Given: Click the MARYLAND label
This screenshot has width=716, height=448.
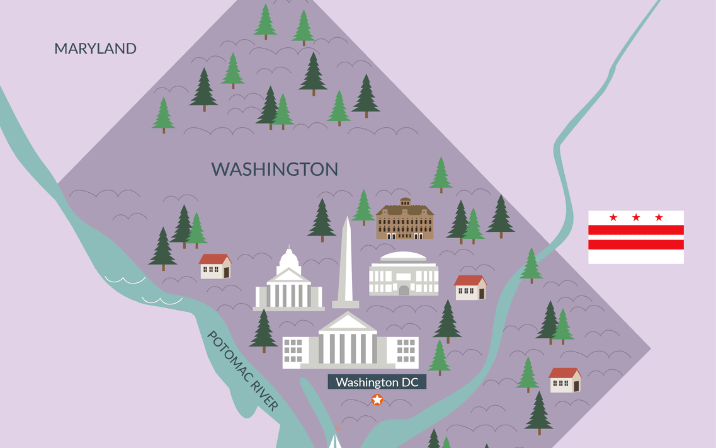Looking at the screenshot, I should [x=95, y=49].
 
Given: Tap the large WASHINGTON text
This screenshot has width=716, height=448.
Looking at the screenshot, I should [x=275, y=169].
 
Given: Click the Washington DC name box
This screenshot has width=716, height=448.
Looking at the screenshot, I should [x=377, y=382].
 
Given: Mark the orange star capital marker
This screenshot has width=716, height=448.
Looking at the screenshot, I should [x=377, y=399].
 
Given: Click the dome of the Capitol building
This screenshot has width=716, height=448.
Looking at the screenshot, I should [x=288, y=258].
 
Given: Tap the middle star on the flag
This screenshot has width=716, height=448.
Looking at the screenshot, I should [x=636, y=217].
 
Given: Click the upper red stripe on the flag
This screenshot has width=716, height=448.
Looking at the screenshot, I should [x=636, y=230].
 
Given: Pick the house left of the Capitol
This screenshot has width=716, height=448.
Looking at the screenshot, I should [x=215, y=267].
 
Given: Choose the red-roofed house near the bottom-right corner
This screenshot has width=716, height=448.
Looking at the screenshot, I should [x=564, y=380].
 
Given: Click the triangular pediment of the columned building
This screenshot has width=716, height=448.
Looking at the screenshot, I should [x=348, y=323].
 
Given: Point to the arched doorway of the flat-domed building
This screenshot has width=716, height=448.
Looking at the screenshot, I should [x=404, y=290].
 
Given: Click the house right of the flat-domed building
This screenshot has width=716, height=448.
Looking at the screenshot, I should [x=470, y=288].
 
